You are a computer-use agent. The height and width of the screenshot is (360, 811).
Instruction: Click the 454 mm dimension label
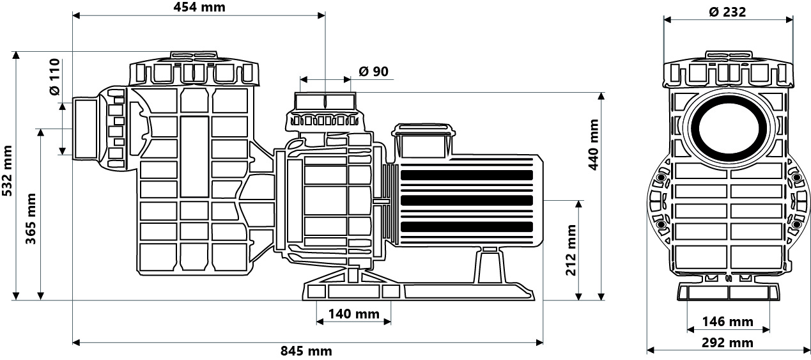199,7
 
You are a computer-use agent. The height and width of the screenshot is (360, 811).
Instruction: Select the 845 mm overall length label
306,350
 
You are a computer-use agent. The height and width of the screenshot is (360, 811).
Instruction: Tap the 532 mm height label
7,171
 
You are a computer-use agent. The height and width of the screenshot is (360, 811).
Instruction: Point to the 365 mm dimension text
31,219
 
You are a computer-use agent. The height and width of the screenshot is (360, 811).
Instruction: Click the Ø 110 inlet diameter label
55,77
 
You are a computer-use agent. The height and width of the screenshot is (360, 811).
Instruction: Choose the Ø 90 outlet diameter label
373,72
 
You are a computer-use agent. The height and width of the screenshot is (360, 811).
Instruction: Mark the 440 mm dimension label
594,144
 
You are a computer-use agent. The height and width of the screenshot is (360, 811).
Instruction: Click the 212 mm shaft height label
571,250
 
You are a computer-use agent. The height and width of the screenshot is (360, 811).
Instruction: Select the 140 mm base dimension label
353,314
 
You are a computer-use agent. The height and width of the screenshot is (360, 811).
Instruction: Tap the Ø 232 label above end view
727,12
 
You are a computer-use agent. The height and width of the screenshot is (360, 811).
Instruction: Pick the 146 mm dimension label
728,321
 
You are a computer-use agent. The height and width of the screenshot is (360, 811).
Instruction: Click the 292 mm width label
727,342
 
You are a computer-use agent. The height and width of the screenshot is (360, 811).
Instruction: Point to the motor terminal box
423,141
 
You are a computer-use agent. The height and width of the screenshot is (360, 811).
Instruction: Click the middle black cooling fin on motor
467,200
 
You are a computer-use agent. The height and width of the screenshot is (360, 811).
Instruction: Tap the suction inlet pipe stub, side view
85,129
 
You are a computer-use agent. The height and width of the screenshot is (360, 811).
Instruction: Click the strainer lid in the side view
194,70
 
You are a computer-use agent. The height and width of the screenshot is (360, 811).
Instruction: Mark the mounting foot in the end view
728,292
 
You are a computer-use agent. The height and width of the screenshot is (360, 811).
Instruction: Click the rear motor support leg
490,265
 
